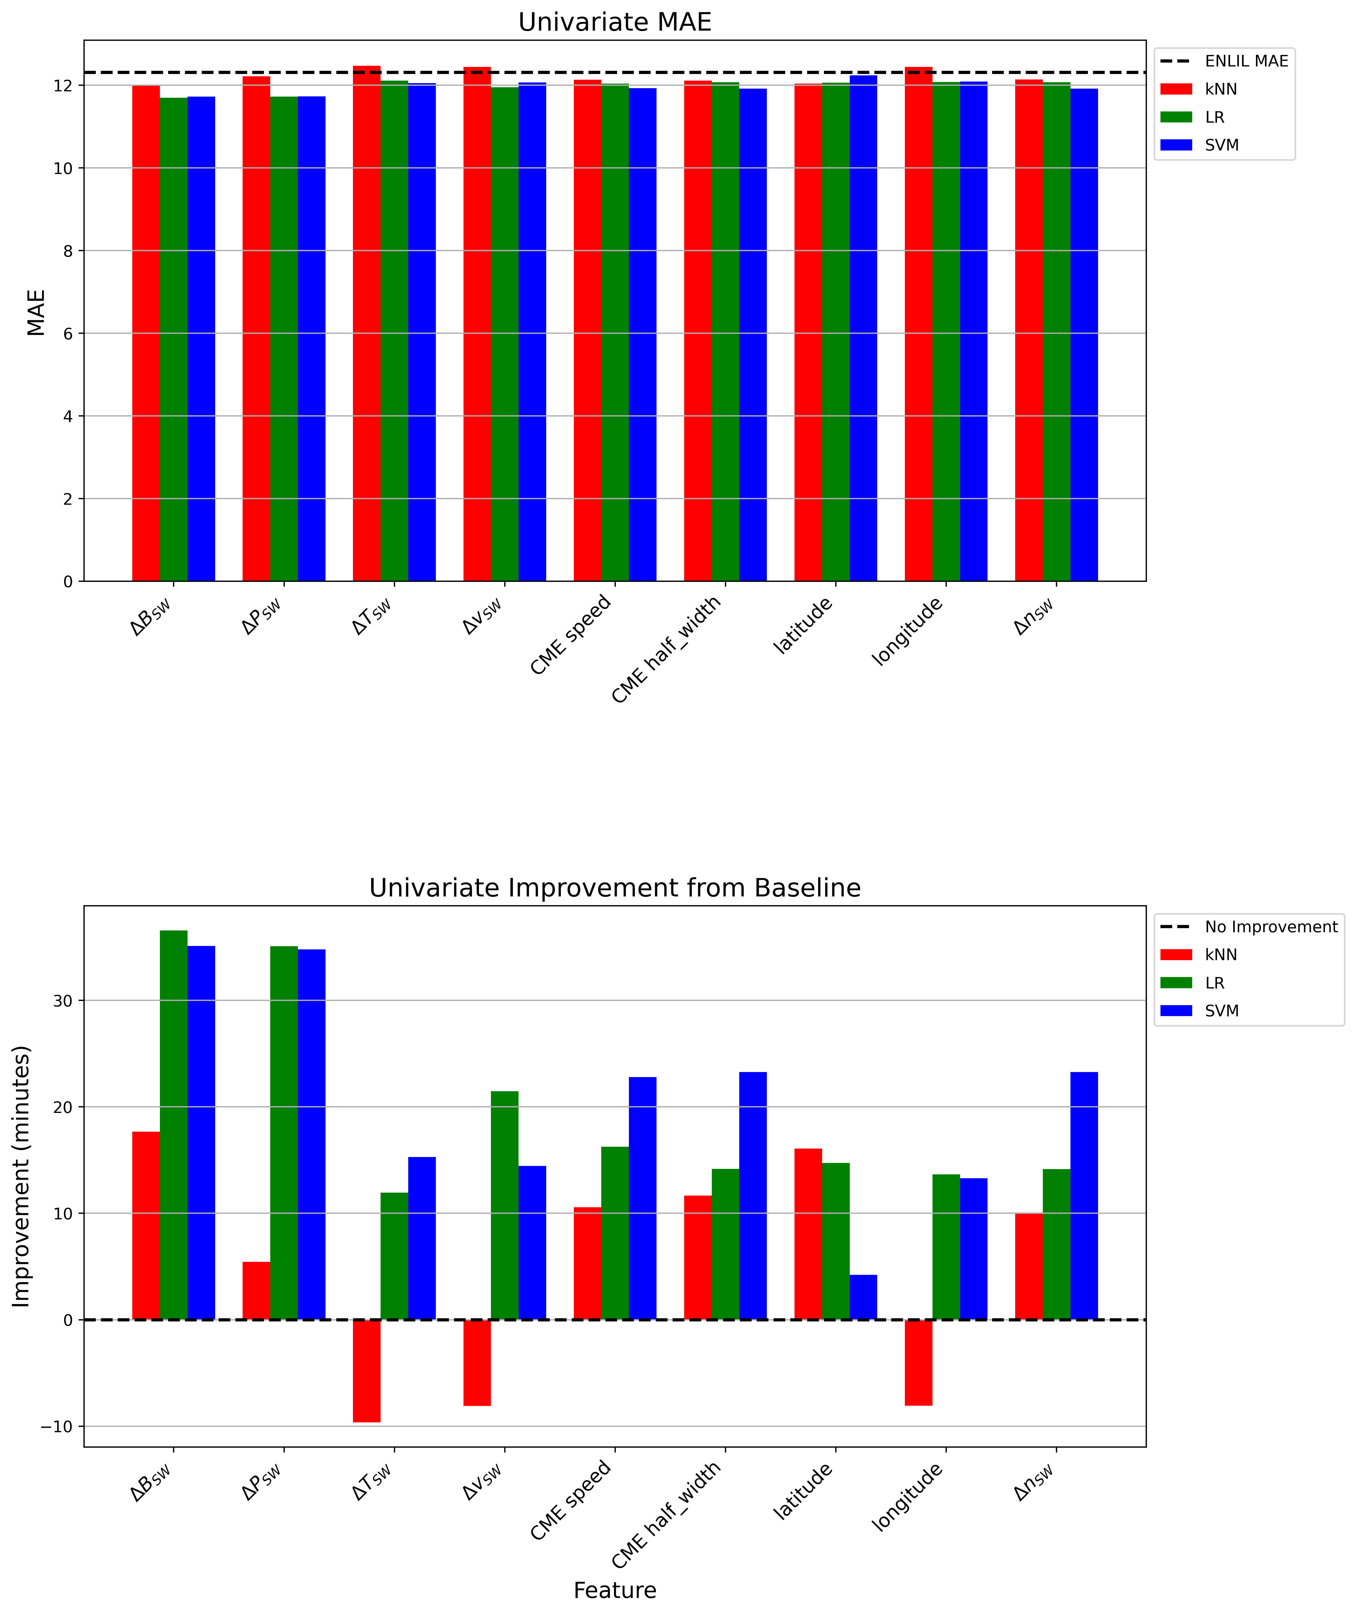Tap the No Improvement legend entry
(1270, 927)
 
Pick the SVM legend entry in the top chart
(1221, 145)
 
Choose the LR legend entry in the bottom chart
(1215, 983)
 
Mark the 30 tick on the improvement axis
(63, 1001)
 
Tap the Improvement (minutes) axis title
(21, 1176)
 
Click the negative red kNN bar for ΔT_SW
(367, 1370)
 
